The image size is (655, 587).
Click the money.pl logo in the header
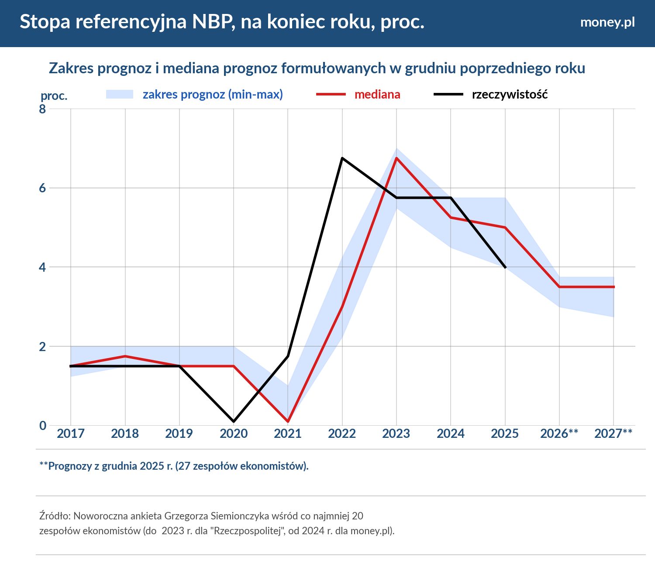coord(607,22)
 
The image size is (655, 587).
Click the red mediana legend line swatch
coord(331,94)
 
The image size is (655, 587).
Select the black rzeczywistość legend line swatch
coord(448,94)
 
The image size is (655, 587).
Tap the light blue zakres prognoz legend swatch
coord(120,94)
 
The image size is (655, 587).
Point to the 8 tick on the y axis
coord(42,109)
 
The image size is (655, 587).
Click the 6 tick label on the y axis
coord(42,188)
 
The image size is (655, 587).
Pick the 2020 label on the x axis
coord(234,433)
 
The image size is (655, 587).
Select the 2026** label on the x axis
coord(559,433)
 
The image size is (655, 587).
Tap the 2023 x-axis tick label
coord(396,433)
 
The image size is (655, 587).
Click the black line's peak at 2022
coord(342,158)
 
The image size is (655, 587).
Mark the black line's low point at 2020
coord(234,421)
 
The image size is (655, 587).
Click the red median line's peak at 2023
coord(396,158)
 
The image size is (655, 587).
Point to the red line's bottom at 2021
coord(288,421)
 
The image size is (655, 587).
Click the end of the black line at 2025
coord(505,267)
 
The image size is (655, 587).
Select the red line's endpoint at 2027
coord(614,287)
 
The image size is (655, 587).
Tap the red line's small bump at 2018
coord(125,356)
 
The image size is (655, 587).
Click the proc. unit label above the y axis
coord(54,96)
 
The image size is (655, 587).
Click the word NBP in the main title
coord(211,22)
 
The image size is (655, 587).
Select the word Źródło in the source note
coord(55,516)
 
